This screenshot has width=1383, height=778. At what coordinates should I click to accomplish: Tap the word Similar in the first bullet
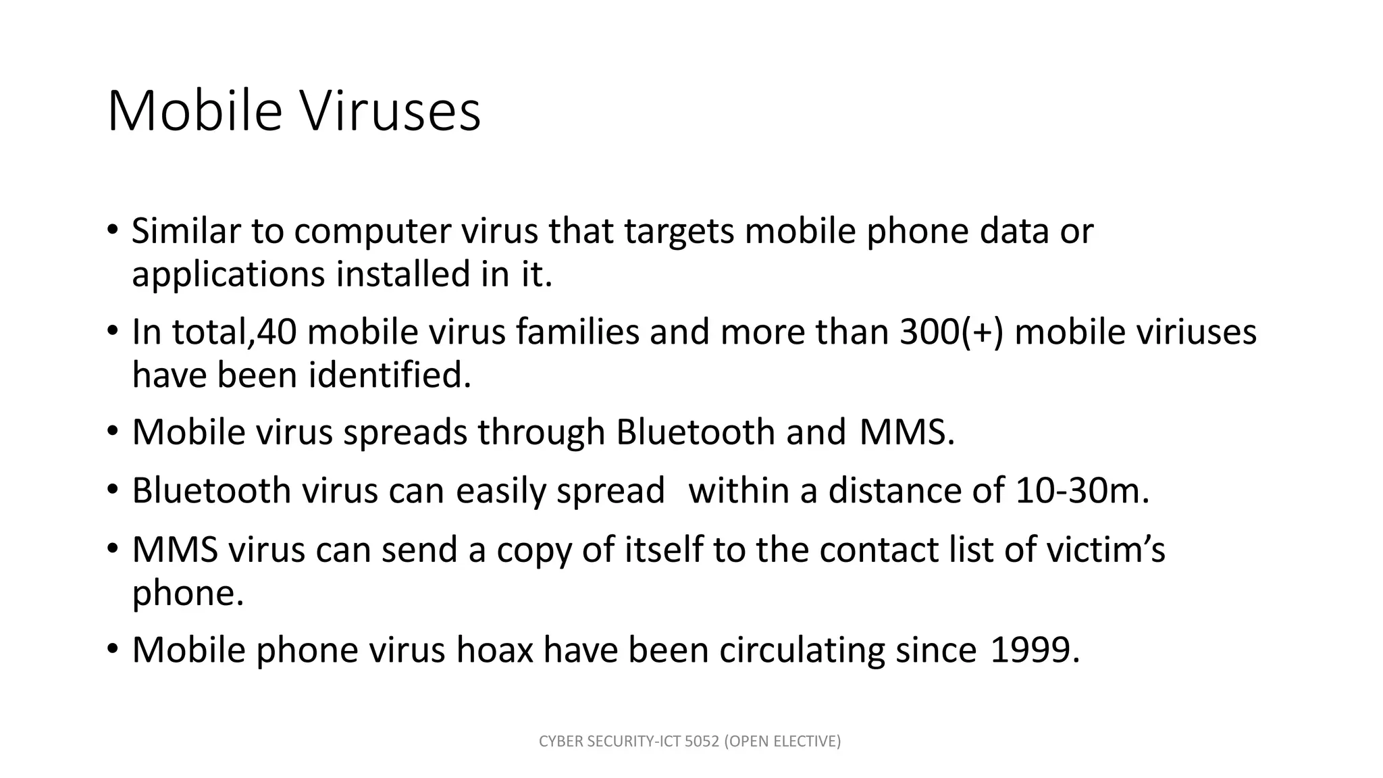[x=186, y=231]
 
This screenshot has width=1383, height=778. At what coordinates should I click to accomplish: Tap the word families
[x=577, y=332]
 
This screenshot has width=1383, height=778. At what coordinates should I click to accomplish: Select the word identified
[x=390, y=375]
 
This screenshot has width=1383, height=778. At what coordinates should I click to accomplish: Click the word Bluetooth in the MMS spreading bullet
[x=695, y=432]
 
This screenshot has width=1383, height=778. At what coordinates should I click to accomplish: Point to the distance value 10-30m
[x=1082, y=491]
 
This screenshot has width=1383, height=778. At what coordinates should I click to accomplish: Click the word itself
[x=664, y=550]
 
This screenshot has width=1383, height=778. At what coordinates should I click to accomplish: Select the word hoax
[x=494, y=650]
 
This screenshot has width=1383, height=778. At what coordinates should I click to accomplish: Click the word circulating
[x=802, y=651]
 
